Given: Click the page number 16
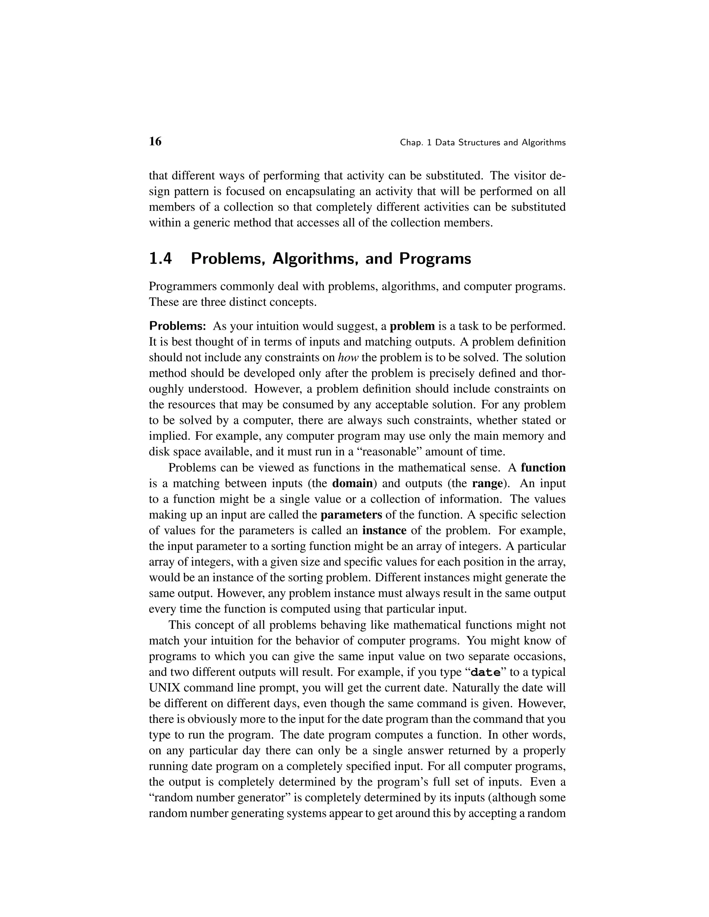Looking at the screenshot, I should pyautogui.click(x=155, y=142).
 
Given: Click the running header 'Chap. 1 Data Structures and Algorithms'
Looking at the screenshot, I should pyautogui.click(x=483, y=143).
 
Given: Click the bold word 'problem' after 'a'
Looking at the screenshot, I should pyautogui.click(x=412, y=326).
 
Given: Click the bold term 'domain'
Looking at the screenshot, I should pyautogui.click(x=352, y=484).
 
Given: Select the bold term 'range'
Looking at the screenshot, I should pyautogui.click(x=487, y=484).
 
